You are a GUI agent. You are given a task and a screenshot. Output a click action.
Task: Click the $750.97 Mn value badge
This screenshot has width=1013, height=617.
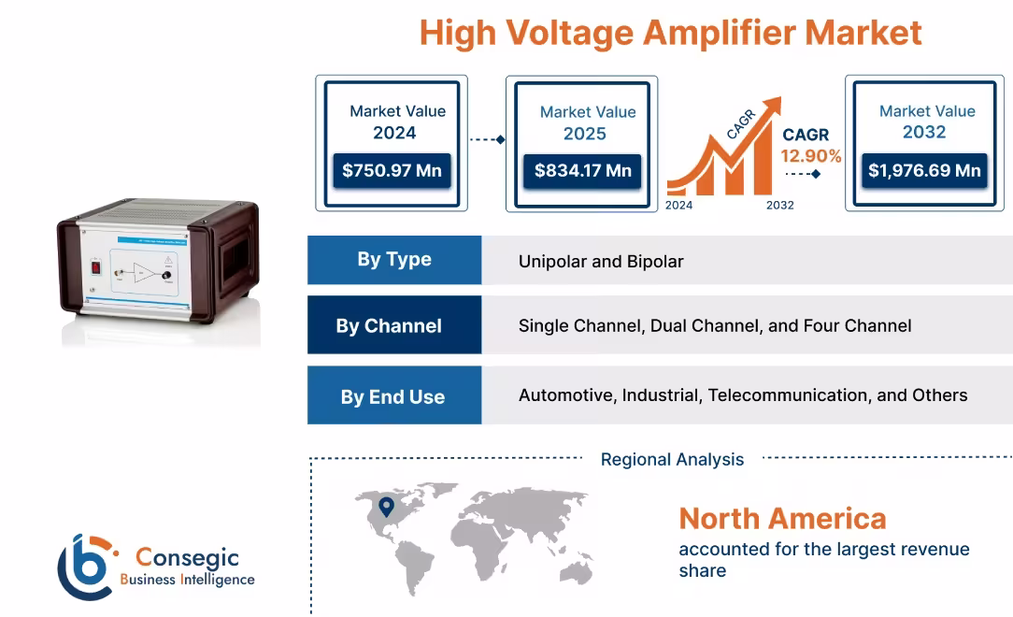point(392,171)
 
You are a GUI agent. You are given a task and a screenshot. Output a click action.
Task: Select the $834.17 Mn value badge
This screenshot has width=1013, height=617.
point(583,171)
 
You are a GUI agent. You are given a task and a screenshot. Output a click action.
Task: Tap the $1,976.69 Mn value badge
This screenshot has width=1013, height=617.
point(923,170)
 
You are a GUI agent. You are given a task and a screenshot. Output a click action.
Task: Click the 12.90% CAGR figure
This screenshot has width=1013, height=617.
point(811,156)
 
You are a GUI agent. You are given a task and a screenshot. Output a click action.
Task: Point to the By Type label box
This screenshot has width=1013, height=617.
point(394,260)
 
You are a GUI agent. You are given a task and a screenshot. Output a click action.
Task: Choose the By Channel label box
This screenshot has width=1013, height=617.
point(394,325)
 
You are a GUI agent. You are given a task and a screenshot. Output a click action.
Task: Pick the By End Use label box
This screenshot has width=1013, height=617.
point(394,396)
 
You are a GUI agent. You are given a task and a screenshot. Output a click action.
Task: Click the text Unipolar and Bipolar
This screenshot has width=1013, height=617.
point(601,261)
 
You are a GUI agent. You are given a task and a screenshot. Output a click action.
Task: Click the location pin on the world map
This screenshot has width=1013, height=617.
point(386,507)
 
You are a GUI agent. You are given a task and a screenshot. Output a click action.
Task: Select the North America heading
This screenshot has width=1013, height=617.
point(782,518)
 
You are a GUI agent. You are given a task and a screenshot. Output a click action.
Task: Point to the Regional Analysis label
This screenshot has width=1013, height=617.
point(672,459)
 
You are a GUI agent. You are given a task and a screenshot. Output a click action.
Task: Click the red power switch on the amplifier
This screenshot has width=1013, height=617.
point(94,267)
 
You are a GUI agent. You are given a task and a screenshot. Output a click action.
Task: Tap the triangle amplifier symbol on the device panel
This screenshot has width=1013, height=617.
point(144,273)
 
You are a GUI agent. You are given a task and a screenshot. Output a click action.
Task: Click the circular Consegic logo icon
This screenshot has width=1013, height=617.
point(84,567)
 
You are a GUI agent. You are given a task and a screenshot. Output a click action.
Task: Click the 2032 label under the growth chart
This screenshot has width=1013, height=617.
point(779,205)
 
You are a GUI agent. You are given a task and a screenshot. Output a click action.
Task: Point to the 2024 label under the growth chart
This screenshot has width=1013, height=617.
point(678,205)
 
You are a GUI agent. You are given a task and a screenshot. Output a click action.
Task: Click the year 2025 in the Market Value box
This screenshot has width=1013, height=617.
point(584,134)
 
